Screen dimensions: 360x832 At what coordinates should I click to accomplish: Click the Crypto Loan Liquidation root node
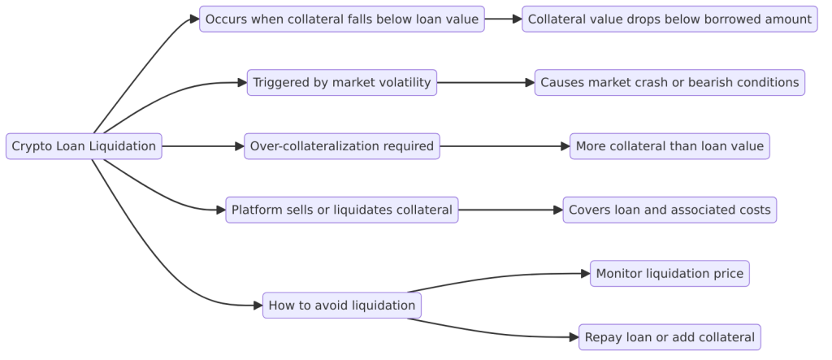[84, 146]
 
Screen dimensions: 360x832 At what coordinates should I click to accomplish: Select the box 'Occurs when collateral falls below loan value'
[341, 19]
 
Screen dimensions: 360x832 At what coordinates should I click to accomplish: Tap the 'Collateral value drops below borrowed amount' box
[669, 19]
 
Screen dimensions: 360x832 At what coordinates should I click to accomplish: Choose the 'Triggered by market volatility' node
[342, 82]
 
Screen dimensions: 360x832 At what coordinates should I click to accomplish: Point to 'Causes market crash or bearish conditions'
[669, 82]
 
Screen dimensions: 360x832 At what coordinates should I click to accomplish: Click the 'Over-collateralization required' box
[342, 146]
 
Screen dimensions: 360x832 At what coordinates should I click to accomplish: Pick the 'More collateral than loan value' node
[669, 146]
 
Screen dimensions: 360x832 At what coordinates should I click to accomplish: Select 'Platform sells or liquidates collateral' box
[342, 210]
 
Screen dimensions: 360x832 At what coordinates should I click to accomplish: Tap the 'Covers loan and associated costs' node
[669, 210]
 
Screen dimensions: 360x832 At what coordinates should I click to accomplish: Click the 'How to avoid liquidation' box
[342, 306]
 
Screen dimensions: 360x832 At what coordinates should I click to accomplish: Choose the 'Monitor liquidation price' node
[669, 274]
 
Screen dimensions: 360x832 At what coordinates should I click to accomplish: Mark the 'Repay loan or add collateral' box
[669, 336]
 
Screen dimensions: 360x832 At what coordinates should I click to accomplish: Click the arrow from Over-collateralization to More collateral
[504, 146]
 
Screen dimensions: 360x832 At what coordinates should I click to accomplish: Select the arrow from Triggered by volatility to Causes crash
[485, 82]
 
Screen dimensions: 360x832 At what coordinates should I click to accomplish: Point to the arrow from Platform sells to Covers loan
[510, 210]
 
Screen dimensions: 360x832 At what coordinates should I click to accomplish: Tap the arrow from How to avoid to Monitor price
[504, 276]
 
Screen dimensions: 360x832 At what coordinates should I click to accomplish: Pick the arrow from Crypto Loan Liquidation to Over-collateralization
[203, 146]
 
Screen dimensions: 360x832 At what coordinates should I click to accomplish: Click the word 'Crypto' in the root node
[29, 146]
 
